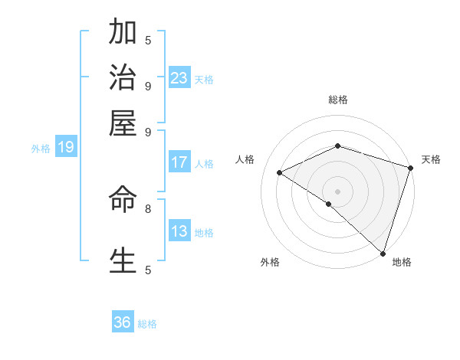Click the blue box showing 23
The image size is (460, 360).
point(179,78)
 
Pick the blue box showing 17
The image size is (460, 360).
point(179,162)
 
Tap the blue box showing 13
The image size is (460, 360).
point(179,231)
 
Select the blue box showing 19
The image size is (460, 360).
point(66,148)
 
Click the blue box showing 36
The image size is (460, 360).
point(123,322)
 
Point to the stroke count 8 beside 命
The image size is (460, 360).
point(148,208)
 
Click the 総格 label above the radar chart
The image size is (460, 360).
point(337,100)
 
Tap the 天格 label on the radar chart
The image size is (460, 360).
point(431,159)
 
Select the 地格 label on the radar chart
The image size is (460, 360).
point(402,262)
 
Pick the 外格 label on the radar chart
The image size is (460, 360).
point(270,262)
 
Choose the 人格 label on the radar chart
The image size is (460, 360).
point(245,159)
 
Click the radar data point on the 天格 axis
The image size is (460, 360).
point(411,168)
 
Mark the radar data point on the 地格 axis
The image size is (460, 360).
point(383,252)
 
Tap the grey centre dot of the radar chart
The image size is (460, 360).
point(337,191)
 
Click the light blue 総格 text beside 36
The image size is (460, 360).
point(147,324)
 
